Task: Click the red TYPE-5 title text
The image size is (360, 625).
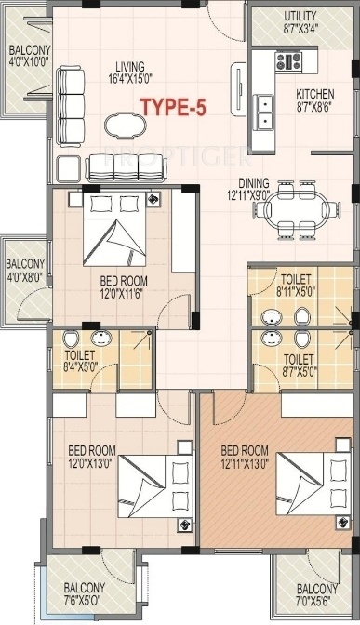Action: tap(172, 107)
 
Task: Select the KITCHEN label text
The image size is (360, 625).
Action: tap(315, 100)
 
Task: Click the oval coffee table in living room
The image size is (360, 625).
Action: tap(123, 125)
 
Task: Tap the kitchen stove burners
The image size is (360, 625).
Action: tap(287, 62)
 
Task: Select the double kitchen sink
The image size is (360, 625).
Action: tap(265, 111)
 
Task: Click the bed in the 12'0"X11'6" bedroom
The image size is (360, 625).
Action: tap(118, 228)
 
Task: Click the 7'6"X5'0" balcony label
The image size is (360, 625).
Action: tap(84, 593)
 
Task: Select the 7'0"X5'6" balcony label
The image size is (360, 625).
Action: tap(317, 593)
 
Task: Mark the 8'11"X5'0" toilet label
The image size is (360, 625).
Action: tap(296, 282)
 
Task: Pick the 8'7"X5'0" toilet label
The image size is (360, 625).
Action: tap(298, 363)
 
